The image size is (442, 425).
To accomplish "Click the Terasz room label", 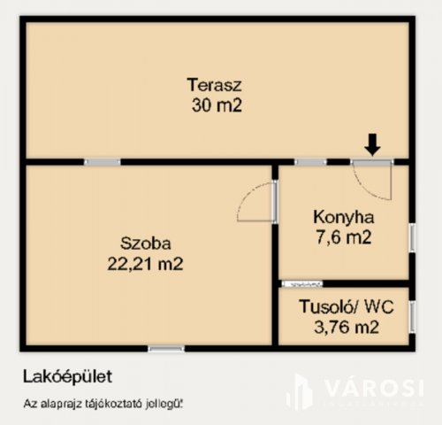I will click(x=214, y=86).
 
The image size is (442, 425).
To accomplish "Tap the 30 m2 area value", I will click(x=214, y=105).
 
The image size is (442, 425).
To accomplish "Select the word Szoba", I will click(x=146, y=242).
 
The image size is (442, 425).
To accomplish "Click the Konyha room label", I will click(x=344, y=217).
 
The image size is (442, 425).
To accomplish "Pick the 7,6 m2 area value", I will click(x=344, y=236).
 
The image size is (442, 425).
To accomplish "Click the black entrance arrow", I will click(x=372, y=143).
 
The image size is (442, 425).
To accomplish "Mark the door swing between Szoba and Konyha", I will click(x=257, y=203).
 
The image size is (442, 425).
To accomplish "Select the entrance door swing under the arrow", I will click(x=371, y=181).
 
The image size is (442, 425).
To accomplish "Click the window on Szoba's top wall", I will click(x=103, y=162).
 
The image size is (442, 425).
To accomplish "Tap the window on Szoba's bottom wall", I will click(x=166, y=347).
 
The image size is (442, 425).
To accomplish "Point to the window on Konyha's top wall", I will click(x=310, y=162).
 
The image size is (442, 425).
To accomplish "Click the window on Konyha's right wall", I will click(x=410, y=240).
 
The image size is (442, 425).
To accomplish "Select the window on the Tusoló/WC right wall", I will click(x=410, y=318).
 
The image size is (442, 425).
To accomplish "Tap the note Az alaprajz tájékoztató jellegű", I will click(x=103, y=405).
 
